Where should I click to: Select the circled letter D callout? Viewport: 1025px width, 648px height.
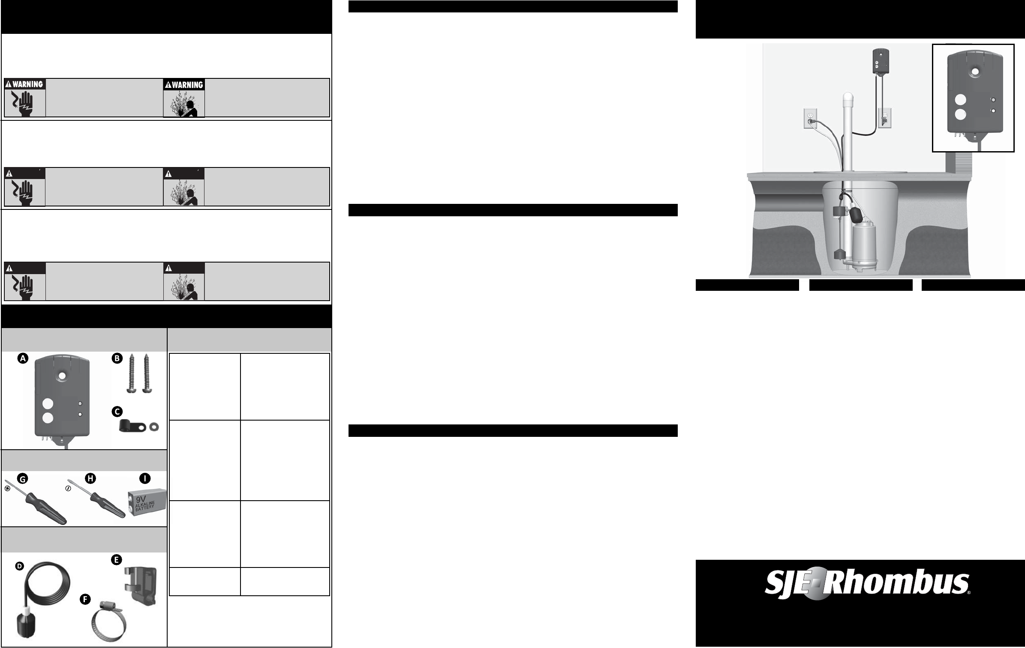(x=19, y=566)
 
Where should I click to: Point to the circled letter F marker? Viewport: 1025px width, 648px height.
(x=85, y=600)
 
